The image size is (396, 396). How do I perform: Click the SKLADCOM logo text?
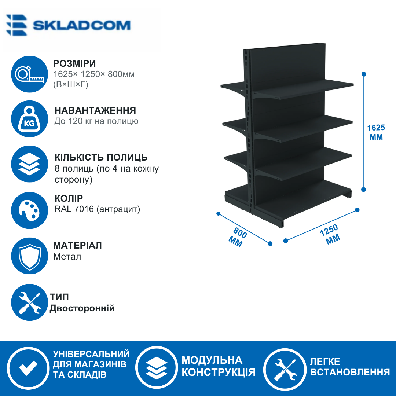click(x=81, y=25)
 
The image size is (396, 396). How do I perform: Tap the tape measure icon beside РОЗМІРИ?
click(x=30, y=74)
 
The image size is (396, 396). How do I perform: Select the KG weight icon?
click(x=30, y=119)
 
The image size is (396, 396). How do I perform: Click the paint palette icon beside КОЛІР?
click(x=30, y=210)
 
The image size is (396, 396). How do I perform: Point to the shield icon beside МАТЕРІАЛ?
click(x=30, y=256)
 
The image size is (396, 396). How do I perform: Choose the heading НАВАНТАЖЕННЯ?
click(x=95, y=111)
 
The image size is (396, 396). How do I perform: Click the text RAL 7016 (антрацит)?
click(x=97, y=209)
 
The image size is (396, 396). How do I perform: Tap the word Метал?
click(x=67, y=257)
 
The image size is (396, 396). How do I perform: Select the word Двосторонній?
click(x=82, y=308)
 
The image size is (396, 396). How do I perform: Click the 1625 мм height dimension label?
click(x=376, y=132)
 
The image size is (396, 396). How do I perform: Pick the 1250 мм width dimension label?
click(x=331, y=234)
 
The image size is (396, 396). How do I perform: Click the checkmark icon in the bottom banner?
click(x=28, y=368)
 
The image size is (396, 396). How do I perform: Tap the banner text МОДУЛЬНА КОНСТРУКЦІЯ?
click(x=219, y=366)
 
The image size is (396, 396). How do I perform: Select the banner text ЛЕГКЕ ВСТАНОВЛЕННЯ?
click(x=350, y=367)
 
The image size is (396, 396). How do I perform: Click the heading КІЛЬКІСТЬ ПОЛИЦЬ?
click(x=101, y=158)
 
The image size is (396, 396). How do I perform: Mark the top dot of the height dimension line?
click(x=364, y=74)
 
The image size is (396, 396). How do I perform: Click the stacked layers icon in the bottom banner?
click(x=157, y=368)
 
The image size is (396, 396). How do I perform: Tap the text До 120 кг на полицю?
click(x=96, y=121)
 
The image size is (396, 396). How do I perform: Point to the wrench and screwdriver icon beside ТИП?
click(x=30, y=302)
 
